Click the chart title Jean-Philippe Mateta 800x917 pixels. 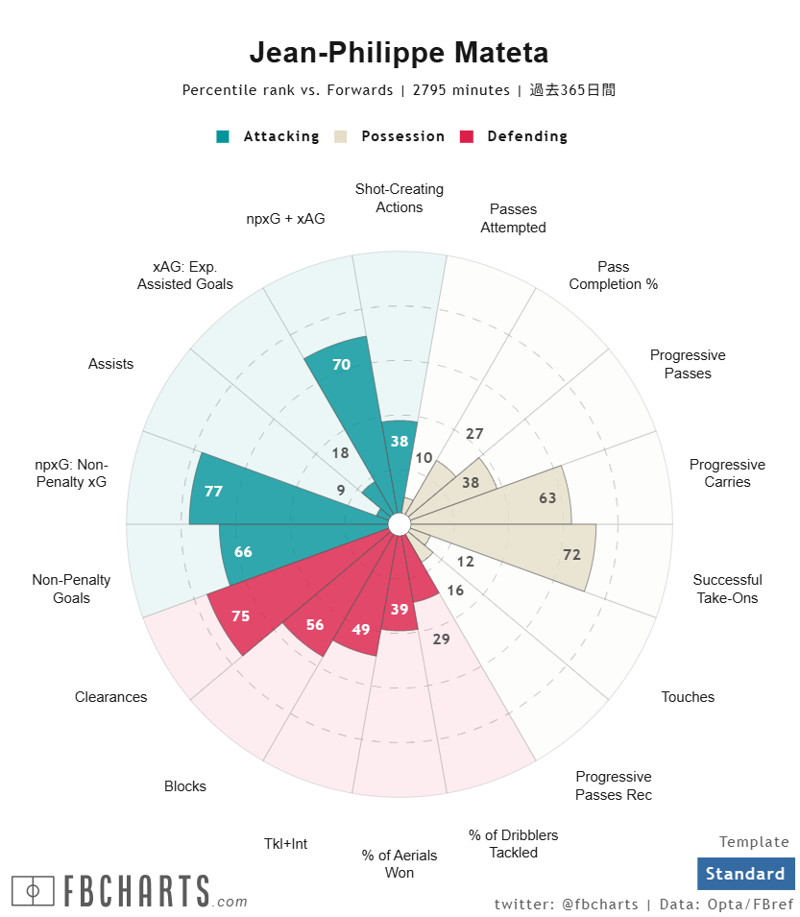coord(399,52)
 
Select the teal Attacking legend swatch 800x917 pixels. coord(223,136)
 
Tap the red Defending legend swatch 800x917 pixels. coord(468,136)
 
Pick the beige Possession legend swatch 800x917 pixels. coord(341,136)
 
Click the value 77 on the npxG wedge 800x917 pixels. coord(213,491)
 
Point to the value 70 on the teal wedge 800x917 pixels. coord(341,364)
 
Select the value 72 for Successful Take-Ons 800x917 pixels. coord(571,555)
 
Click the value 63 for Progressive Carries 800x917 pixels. coord(547,497)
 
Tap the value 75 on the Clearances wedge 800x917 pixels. coord(240,616)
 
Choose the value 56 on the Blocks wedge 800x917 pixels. coord(315,624)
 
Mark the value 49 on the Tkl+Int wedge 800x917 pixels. coord(361,630)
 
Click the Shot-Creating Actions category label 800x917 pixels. coord(400,198)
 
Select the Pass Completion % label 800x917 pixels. coord(613,276)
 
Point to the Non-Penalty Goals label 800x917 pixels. coord(71,589)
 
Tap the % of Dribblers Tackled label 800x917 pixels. coord(513,844)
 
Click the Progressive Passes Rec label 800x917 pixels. coord(614,785)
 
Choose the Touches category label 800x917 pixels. coord(688,697)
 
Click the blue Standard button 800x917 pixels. coord(745,874)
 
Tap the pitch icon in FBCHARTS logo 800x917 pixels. coord(34,891)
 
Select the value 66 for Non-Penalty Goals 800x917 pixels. coord(243,552)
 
